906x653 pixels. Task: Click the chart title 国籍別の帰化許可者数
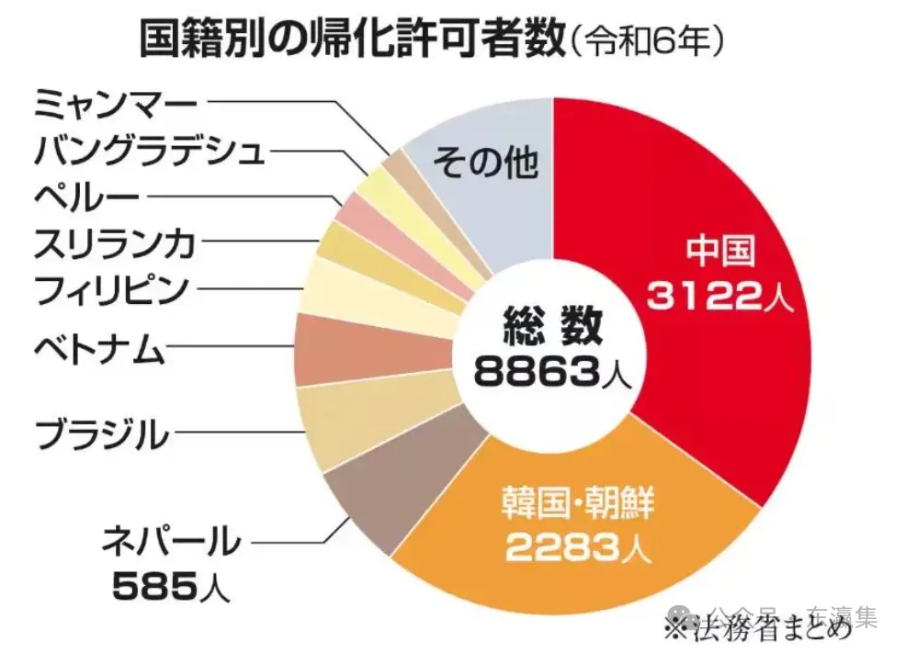[349, 39]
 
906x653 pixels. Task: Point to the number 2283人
[578, 548]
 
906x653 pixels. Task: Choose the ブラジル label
[101, 433]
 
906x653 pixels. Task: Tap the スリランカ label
[114, 243]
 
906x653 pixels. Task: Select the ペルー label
[86, 196]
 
